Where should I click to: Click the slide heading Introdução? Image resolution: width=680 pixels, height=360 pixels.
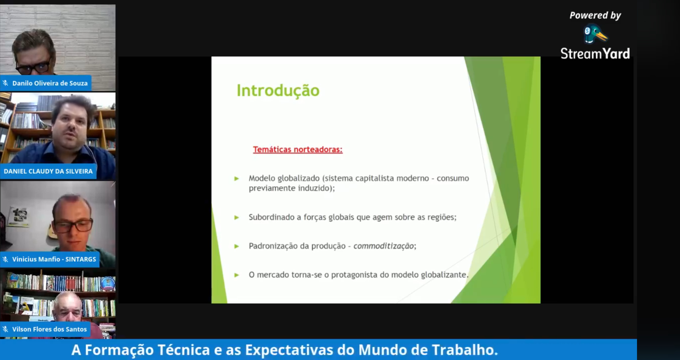click(278, 91)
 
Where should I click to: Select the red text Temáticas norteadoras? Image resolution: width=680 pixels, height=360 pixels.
click(297, 149)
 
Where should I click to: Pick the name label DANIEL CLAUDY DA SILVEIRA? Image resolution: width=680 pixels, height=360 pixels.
click(48, 171)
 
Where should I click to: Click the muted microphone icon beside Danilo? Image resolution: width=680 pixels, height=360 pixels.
click(5, 83)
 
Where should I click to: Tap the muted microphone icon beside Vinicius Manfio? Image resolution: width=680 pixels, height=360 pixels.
click(5, 259)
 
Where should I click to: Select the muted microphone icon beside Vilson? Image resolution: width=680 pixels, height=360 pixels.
click(5, 329)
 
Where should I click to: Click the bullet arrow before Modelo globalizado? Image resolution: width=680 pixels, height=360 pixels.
click(236, 179)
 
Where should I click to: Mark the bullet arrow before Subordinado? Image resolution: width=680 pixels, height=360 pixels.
click(236, 218)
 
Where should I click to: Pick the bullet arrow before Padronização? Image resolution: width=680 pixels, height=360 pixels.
click(236, 246)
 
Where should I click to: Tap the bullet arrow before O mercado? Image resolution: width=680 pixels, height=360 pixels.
click(236, 275)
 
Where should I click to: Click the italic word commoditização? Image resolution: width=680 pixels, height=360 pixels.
click(384, 246)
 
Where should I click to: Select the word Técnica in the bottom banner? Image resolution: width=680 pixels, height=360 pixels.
click(184, 350)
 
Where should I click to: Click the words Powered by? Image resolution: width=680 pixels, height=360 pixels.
click(595, 15)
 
